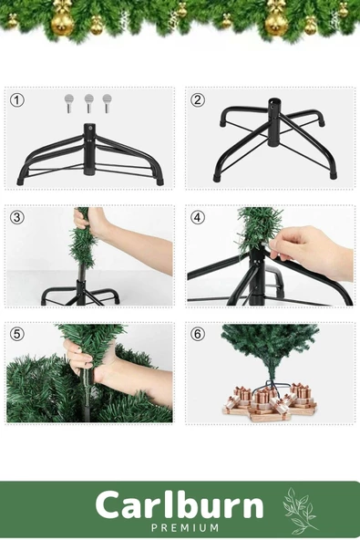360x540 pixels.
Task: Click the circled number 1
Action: (17, 100)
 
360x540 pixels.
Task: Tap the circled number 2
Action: (198, 100)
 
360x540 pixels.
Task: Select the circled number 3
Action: (17, 218)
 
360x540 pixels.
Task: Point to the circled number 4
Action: (198, 218)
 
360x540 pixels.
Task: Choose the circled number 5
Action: (17, 334)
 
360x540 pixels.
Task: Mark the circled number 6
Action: (198, 334)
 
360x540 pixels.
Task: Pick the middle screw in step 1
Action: (88, 100)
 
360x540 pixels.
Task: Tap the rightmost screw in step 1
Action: (107, 100)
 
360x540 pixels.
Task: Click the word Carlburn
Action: (179, 505)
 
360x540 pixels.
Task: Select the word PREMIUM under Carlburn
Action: (185, 527)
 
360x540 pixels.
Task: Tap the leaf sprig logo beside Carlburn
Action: (299, 511)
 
